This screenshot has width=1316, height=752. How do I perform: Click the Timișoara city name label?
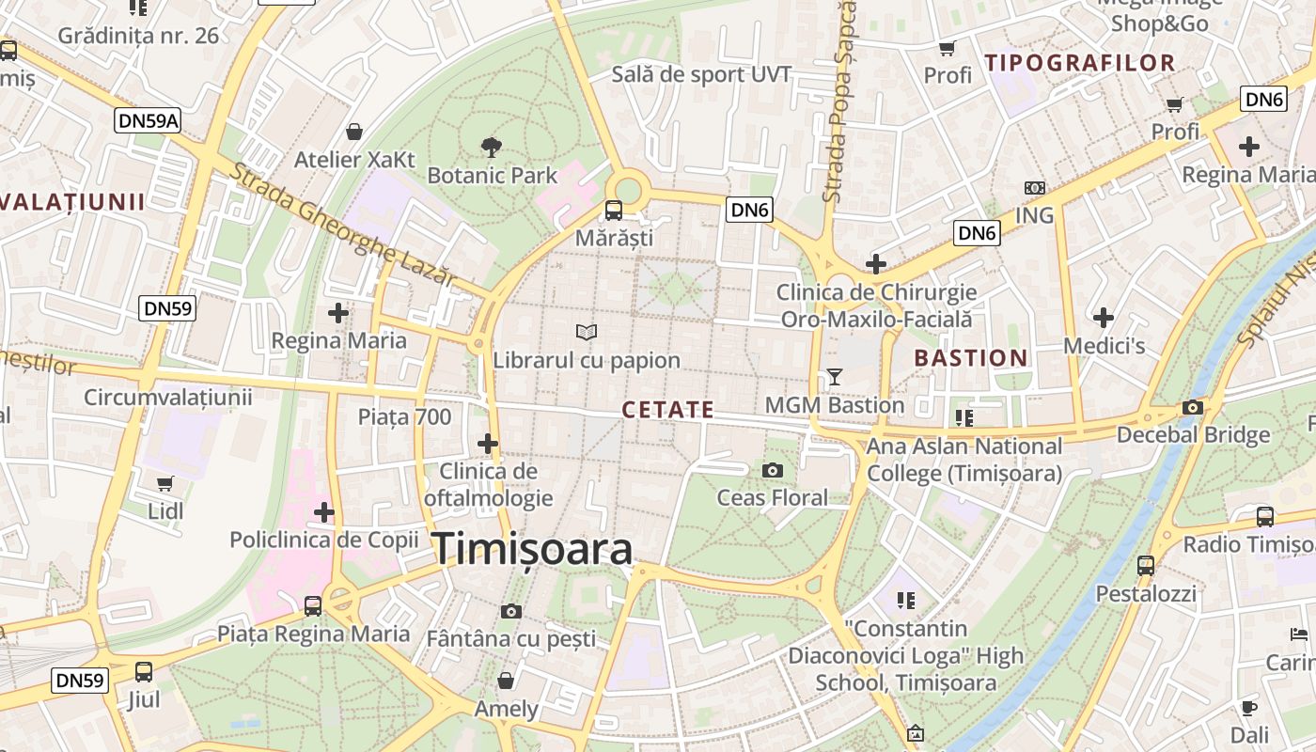(x=532, y=550)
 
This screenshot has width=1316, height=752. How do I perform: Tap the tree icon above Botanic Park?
(x=490, y=146)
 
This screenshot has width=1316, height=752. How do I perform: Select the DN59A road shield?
(x=149, y=120)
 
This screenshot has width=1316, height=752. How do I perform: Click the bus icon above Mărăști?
(x=613, y=210)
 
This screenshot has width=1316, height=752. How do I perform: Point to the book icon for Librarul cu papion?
(x=587, y=332)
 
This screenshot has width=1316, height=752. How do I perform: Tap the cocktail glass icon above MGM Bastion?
(x=834, y=377)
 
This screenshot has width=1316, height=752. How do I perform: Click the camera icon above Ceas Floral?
(x=773, y=470)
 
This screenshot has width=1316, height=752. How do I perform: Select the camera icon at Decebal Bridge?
(x=1193, y=407)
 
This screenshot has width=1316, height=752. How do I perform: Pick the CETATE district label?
(x=668, y=411)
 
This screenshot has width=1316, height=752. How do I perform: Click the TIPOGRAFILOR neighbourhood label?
(x=1080, y=64)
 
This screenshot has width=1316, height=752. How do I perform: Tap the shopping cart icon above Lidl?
(x=165, y=483)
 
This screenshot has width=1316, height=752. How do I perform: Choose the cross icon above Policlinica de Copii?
(x=324, y=512)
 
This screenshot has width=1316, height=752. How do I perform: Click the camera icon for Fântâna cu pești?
(x=511, y=611)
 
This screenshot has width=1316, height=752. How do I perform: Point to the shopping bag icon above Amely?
(x=506, y=680)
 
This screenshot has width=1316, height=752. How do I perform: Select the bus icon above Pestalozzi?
(x=1146, y=565)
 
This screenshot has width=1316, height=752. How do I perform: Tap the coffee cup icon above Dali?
(x=1249, y=708)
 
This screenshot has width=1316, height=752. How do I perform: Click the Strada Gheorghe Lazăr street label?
(x=343, y=224)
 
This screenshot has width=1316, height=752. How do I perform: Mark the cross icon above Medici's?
(x=1104, y=318)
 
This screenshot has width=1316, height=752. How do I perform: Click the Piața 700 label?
(x=405, y=416)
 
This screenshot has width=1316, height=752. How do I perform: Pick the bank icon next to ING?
(x=1035, y=188)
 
